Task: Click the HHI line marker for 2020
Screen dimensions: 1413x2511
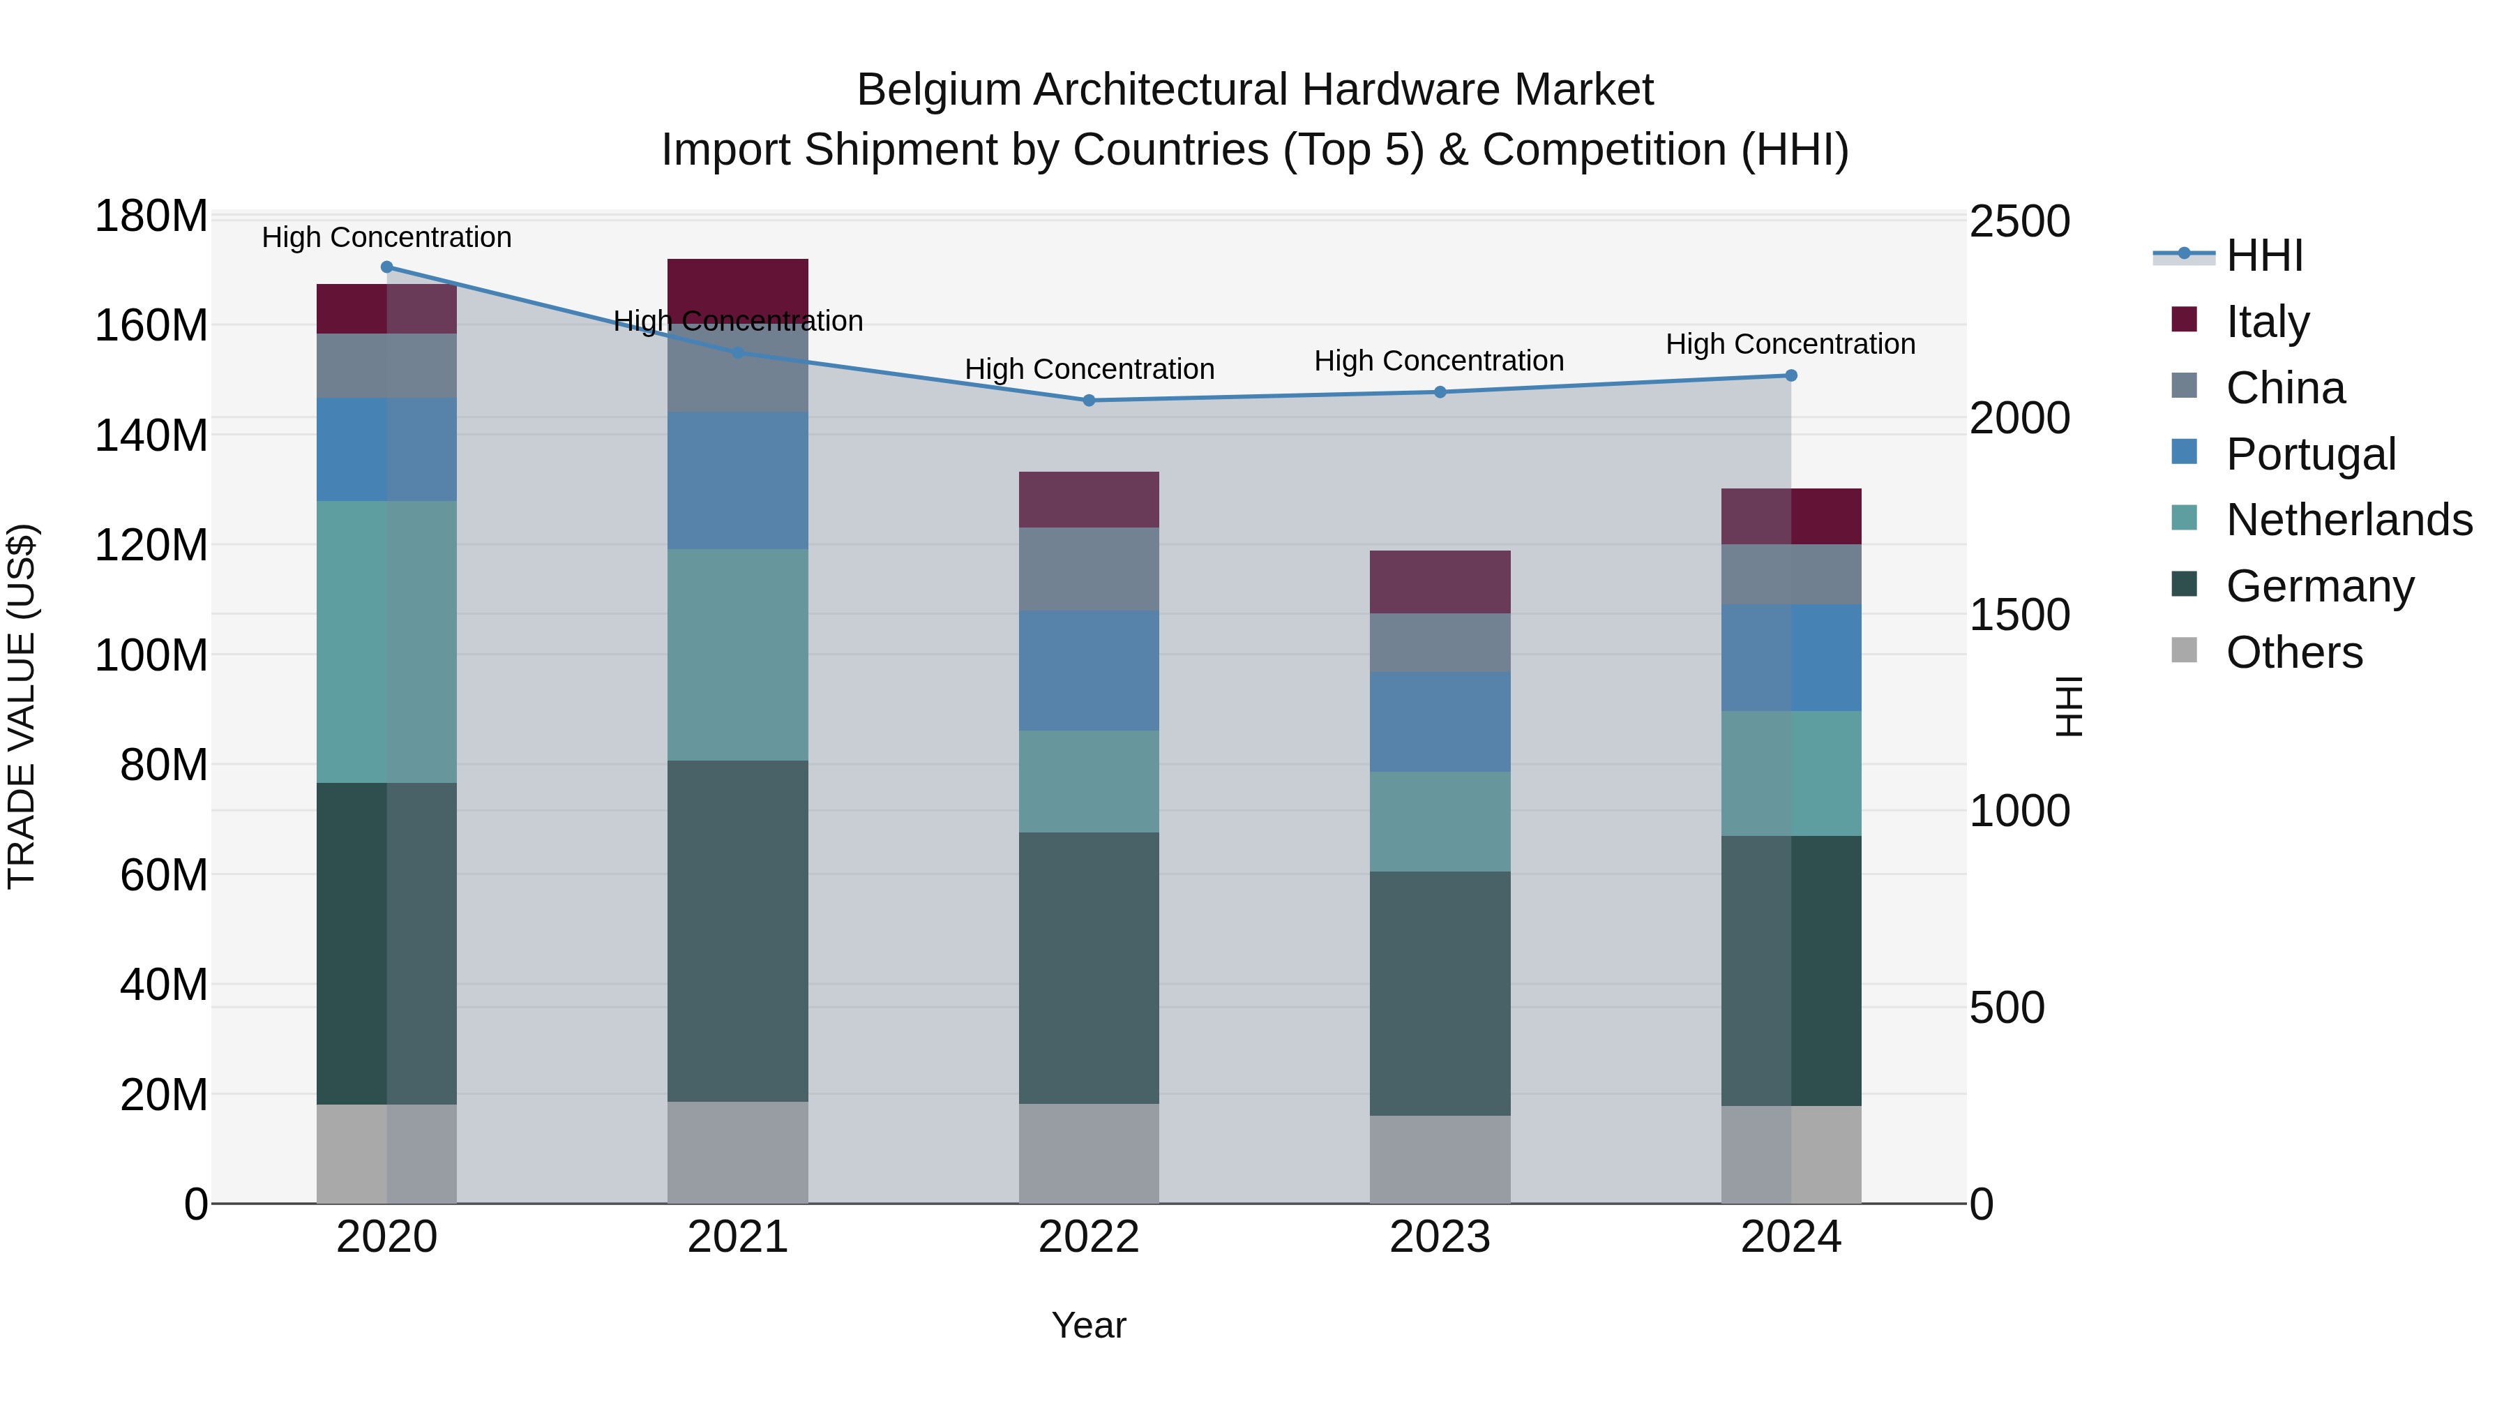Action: click(x=387, y=267)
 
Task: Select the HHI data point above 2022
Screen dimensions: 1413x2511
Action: click(x=1089, y=401)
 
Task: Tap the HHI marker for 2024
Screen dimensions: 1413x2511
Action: click(x=1790, y=375)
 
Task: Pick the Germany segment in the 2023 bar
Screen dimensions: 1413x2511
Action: click(x=1440, y=993)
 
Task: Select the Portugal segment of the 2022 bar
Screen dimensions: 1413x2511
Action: click(x=1089, y=671)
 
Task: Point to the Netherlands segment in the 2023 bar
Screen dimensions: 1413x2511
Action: click(x=1440, y=821)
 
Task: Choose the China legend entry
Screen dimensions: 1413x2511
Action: click(x=2285, y=388)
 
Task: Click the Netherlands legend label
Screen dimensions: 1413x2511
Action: click(x=2349, y=520)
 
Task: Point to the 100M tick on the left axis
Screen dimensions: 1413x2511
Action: click(x=151, y=655)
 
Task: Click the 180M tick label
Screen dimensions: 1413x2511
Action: click(x=151, y=216)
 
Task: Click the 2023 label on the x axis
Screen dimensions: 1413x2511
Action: click(x=1440, y=1237)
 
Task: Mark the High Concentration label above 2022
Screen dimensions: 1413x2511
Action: click(x=1089, y=370)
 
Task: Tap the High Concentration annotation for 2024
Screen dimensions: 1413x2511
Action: click(x=1790, y=344)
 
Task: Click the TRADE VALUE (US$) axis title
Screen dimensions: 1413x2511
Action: click(x=22, y=706)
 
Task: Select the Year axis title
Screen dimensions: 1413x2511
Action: click(x=1089, y=1325)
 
